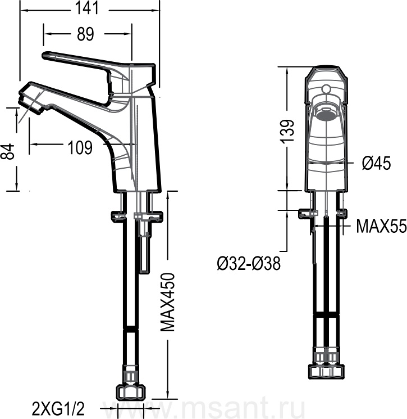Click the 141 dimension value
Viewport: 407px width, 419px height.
coord(87,8)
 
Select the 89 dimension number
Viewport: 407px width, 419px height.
coord(86,34)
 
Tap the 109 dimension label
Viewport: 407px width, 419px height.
coord(80,147)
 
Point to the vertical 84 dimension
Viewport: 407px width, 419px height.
coord(10,151)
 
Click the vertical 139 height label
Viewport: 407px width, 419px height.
coord(287,131)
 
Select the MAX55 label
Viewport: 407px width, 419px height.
coord(381,226)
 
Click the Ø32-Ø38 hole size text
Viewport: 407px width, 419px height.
coord(249,263)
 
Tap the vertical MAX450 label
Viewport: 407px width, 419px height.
coord(168,302)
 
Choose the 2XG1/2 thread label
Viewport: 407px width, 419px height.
coord(58,408)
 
